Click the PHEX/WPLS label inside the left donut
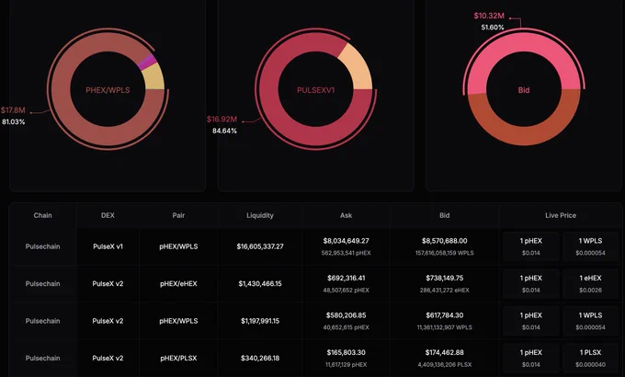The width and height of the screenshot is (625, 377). (108, 90)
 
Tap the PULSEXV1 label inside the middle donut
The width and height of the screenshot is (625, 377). (315, 90)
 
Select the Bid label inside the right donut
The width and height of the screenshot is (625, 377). (524, 90)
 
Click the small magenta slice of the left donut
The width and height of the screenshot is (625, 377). (147, 63)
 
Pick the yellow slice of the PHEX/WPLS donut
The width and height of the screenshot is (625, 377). (154, 77)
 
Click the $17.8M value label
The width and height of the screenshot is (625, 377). (13, 110)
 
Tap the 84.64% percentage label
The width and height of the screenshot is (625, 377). (224, 131)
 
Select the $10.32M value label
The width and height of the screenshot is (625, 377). (489, 16)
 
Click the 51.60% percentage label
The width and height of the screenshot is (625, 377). (493, 28)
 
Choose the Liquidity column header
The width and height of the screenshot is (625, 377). (260, 215)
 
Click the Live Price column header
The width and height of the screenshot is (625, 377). (561, 215)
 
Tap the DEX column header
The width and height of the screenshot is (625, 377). (108, 215)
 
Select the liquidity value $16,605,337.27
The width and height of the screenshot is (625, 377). (260, 246)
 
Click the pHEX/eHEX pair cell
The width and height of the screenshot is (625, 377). (178, 283)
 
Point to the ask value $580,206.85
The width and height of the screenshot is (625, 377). (346, 315)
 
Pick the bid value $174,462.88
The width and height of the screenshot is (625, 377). (445, 352)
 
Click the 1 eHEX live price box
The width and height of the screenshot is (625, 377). (590, 283)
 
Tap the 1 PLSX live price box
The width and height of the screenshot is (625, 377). (590, 359)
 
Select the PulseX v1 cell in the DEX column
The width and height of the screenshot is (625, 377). (108, 246)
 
